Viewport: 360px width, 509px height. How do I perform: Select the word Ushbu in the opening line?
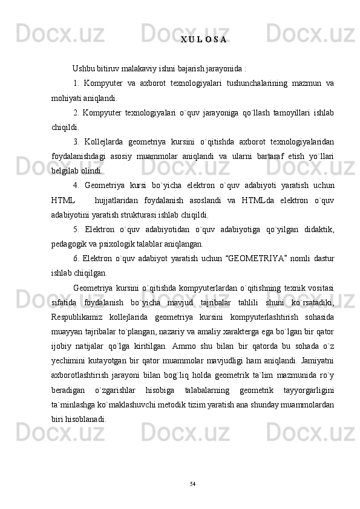pos(83,67)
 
